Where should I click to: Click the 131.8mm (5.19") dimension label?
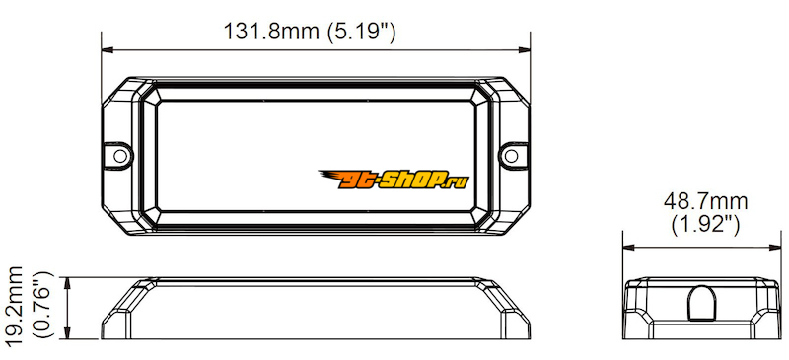pos(310,32)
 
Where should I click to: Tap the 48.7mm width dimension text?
pos(705,202)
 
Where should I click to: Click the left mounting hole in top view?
pos(120,156)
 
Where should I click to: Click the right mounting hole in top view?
pos(511,156)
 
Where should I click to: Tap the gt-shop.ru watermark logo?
pos(394,180)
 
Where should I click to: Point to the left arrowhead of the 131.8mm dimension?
pos(108,50)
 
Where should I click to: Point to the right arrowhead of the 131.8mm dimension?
pos(525,50)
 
